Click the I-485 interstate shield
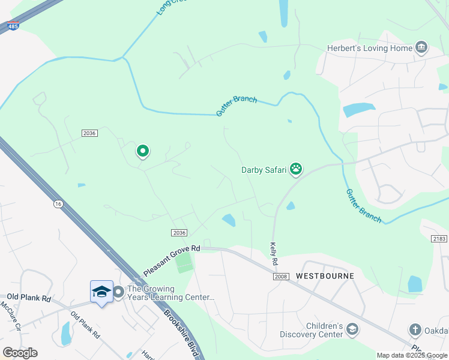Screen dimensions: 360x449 (13, 25)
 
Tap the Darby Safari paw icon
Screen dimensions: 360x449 (296, 169)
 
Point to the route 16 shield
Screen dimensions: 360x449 (58, 204)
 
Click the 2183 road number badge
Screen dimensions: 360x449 (440, 239)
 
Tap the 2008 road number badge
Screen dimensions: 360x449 (280, 276)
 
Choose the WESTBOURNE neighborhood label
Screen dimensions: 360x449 (325, 276)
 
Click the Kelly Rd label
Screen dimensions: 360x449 (274, 254)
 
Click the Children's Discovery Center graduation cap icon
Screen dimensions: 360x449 (352, 329)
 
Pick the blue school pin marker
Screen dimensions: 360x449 (101, 292)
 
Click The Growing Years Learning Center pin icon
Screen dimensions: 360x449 (118, 292)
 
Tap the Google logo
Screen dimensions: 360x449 (20, 353)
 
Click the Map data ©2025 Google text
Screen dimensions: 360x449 (412, 355)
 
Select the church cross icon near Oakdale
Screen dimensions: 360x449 (415, 329)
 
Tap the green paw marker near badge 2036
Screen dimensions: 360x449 (143, 151)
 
